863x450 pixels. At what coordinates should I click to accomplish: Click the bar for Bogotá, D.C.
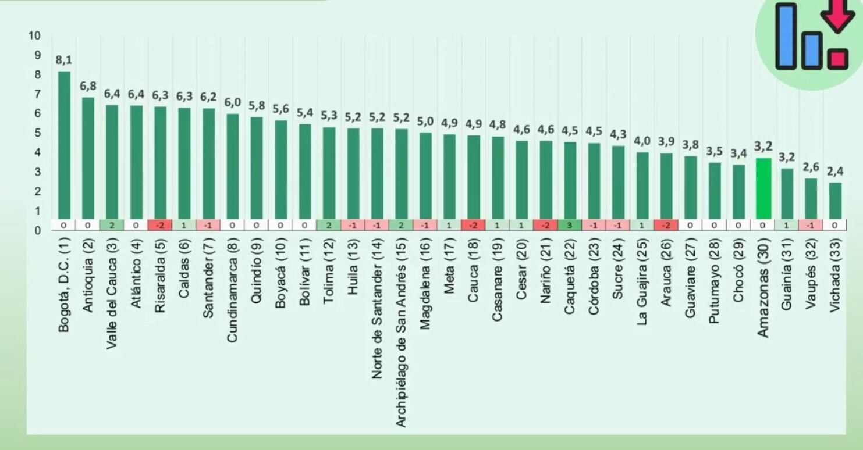click(63, 145)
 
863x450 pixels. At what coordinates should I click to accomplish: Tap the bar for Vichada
click(836, 201)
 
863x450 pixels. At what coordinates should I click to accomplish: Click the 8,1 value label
click(63, 60)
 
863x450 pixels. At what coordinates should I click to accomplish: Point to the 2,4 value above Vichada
click(836, 172)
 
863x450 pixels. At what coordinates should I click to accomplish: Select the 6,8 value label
click(88, 86)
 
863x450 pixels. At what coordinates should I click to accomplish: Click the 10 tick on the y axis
click(35, 36)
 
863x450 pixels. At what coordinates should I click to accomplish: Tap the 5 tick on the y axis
click(37, 133)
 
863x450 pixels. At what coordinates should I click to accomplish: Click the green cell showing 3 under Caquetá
click(570, 225)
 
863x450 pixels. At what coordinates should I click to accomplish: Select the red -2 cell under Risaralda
click(160, 225)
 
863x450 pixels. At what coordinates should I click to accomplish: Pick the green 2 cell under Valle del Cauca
click(112, 225)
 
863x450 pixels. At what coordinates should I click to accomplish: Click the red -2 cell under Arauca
click(666, 225)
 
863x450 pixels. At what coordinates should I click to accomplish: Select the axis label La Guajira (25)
click(642, 285)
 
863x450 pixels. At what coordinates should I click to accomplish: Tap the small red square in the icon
click(838, 58)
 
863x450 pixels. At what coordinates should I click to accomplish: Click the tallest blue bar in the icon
click(786, 36)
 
